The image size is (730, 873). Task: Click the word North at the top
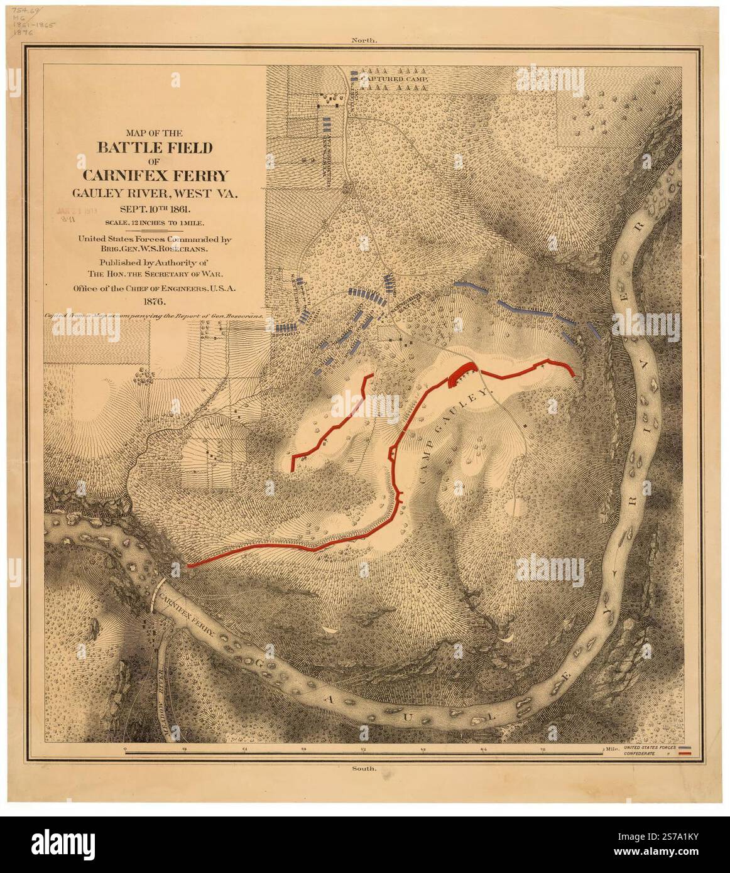[364, 40]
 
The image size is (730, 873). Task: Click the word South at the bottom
[364, 768]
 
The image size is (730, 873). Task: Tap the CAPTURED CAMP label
[395, 80]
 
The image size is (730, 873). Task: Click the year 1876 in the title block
[154, 302]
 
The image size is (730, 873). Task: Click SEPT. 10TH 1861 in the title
[154, 209]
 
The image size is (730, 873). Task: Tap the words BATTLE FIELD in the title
[154, 148]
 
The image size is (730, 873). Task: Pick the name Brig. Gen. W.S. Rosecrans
[154, 248]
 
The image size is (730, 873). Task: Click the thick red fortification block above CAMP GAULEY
[462, 372]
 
